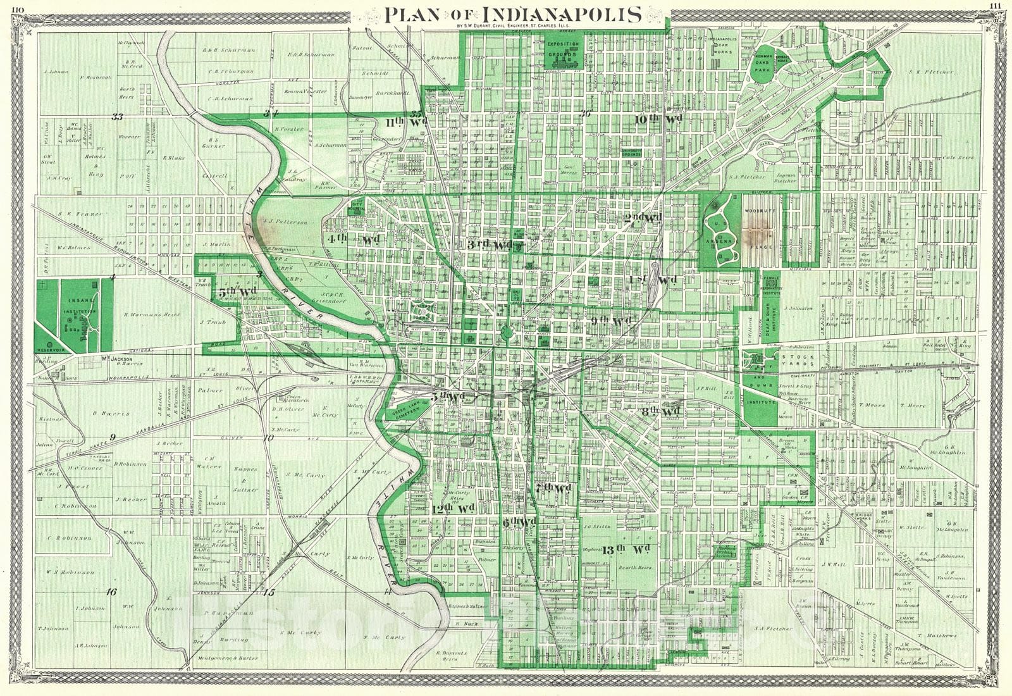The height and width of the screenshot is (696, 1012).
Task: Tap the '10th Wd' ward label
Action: pyautogui.click(x=658, y=119)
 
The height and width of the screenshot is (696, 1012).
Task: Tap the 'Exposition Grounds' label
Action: pyautogui.click(x=563, y=48)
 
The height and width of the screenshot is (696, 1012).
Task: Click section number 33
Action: pyautogui.click(x=116, y=116)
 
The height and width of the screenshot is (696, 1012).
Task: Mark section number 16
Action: pyautogui.click(x=111, y=592)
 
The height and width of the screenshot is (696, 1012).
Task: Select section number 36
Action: pyautogui.click(x=585, y=114)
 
